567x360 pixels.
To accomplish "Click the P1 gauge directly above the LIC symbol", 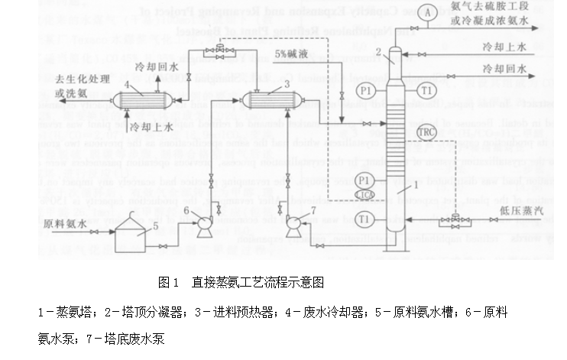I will (x=364, y=180).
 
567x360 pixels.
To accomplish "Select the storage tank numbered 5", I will (x=131, y=237).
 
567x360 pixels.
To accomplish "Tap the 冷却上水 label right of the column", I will (x=505, y=47).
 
